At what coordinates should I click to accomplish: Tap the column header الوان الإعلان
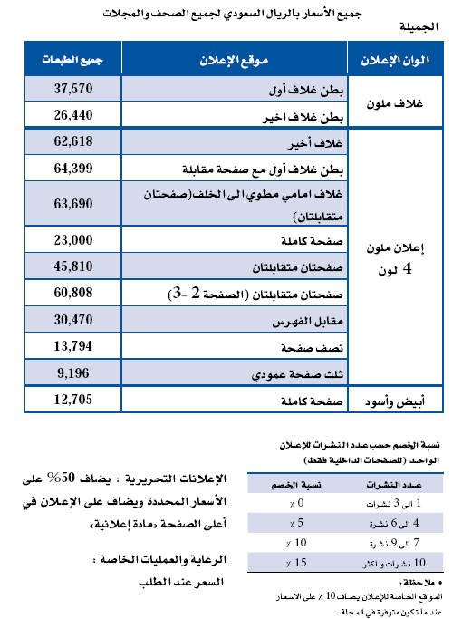(400, 61)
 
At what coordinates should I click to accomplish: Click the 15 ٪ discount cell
(286, 565)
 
